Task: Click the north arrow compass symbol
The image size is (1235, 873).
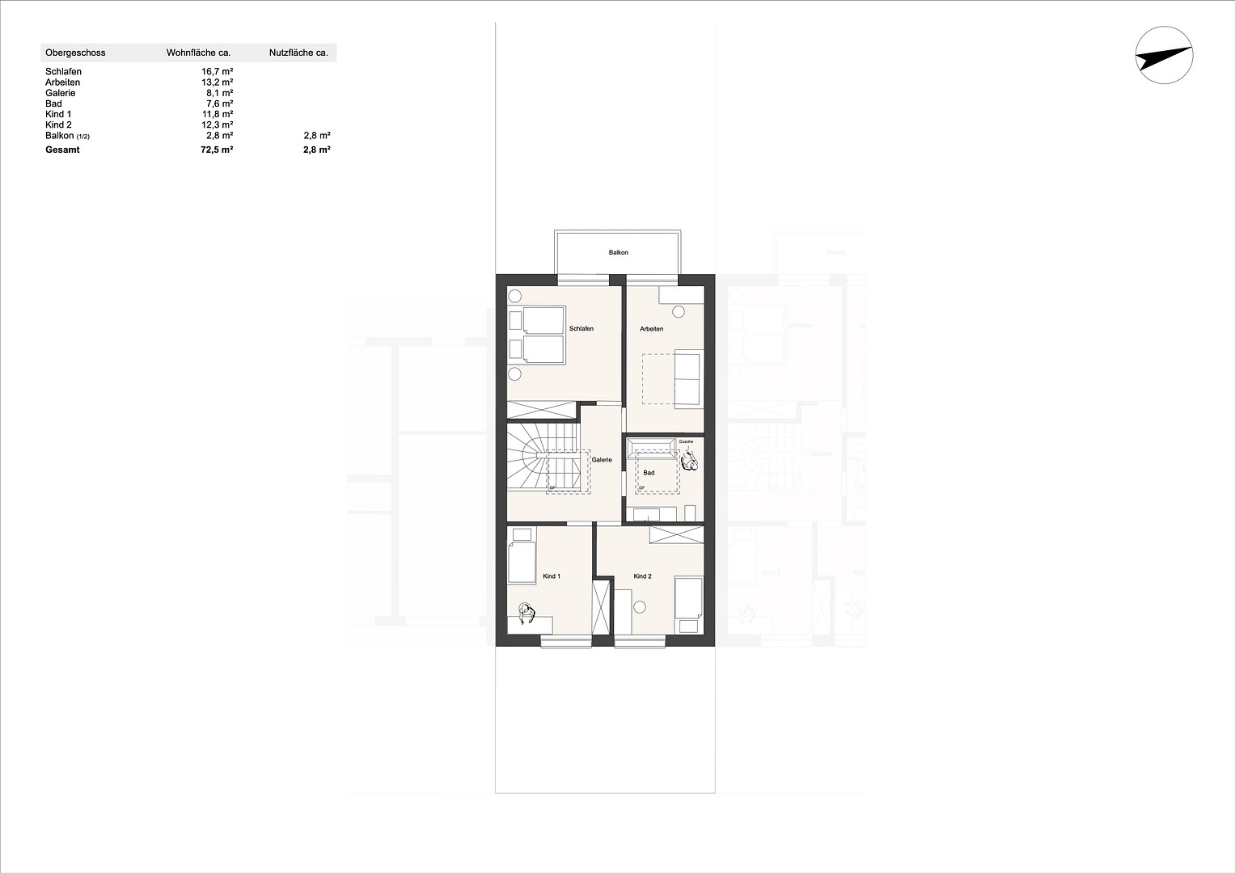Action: [x=1164, y=55]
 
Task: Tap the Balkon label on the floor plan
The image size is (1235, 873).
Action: [x=619, y=253]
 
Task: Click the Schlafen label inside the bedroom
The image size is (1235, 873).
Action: [x=582, y=329]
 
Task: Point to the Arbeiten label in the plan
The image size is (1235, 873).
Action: [x=651, y=329]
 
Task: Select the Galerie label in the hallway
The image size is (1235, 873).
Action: [x=602, y=460]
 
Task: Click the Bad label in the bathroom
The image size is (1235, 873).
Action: [x=649, y=473]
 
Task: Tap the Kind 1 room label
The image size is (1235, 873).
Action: [x=552, y=576]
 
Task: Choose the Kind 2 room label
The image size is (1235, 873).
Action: [x=642, y=576]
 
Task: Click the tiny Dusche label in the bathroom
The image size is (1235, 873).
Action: [x=686, y=441]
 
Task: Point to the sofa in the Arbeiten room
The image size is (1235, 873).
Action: [x=688, y=378]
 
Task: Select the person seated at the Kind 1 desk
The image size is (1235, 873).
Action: [x=527, y=614]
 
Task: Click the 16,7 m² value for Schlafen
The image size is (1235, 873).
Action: [x=218, y=72]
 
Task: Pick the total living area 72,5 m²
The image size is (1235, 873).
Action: [x=217, y=150]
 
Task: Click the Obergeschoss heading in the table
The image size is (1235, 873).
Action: [x=75, y=53]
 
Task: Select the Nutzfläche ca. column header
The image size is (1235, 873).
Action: [x=298, y=53]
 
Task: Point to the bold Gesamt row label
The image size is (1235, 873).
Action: [x=63, y=150]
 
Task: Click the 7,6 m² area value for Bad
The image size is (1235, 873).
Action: [x=219, y=103]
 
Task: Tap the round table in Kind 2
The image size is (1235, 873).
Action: [x=641, y=607]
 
